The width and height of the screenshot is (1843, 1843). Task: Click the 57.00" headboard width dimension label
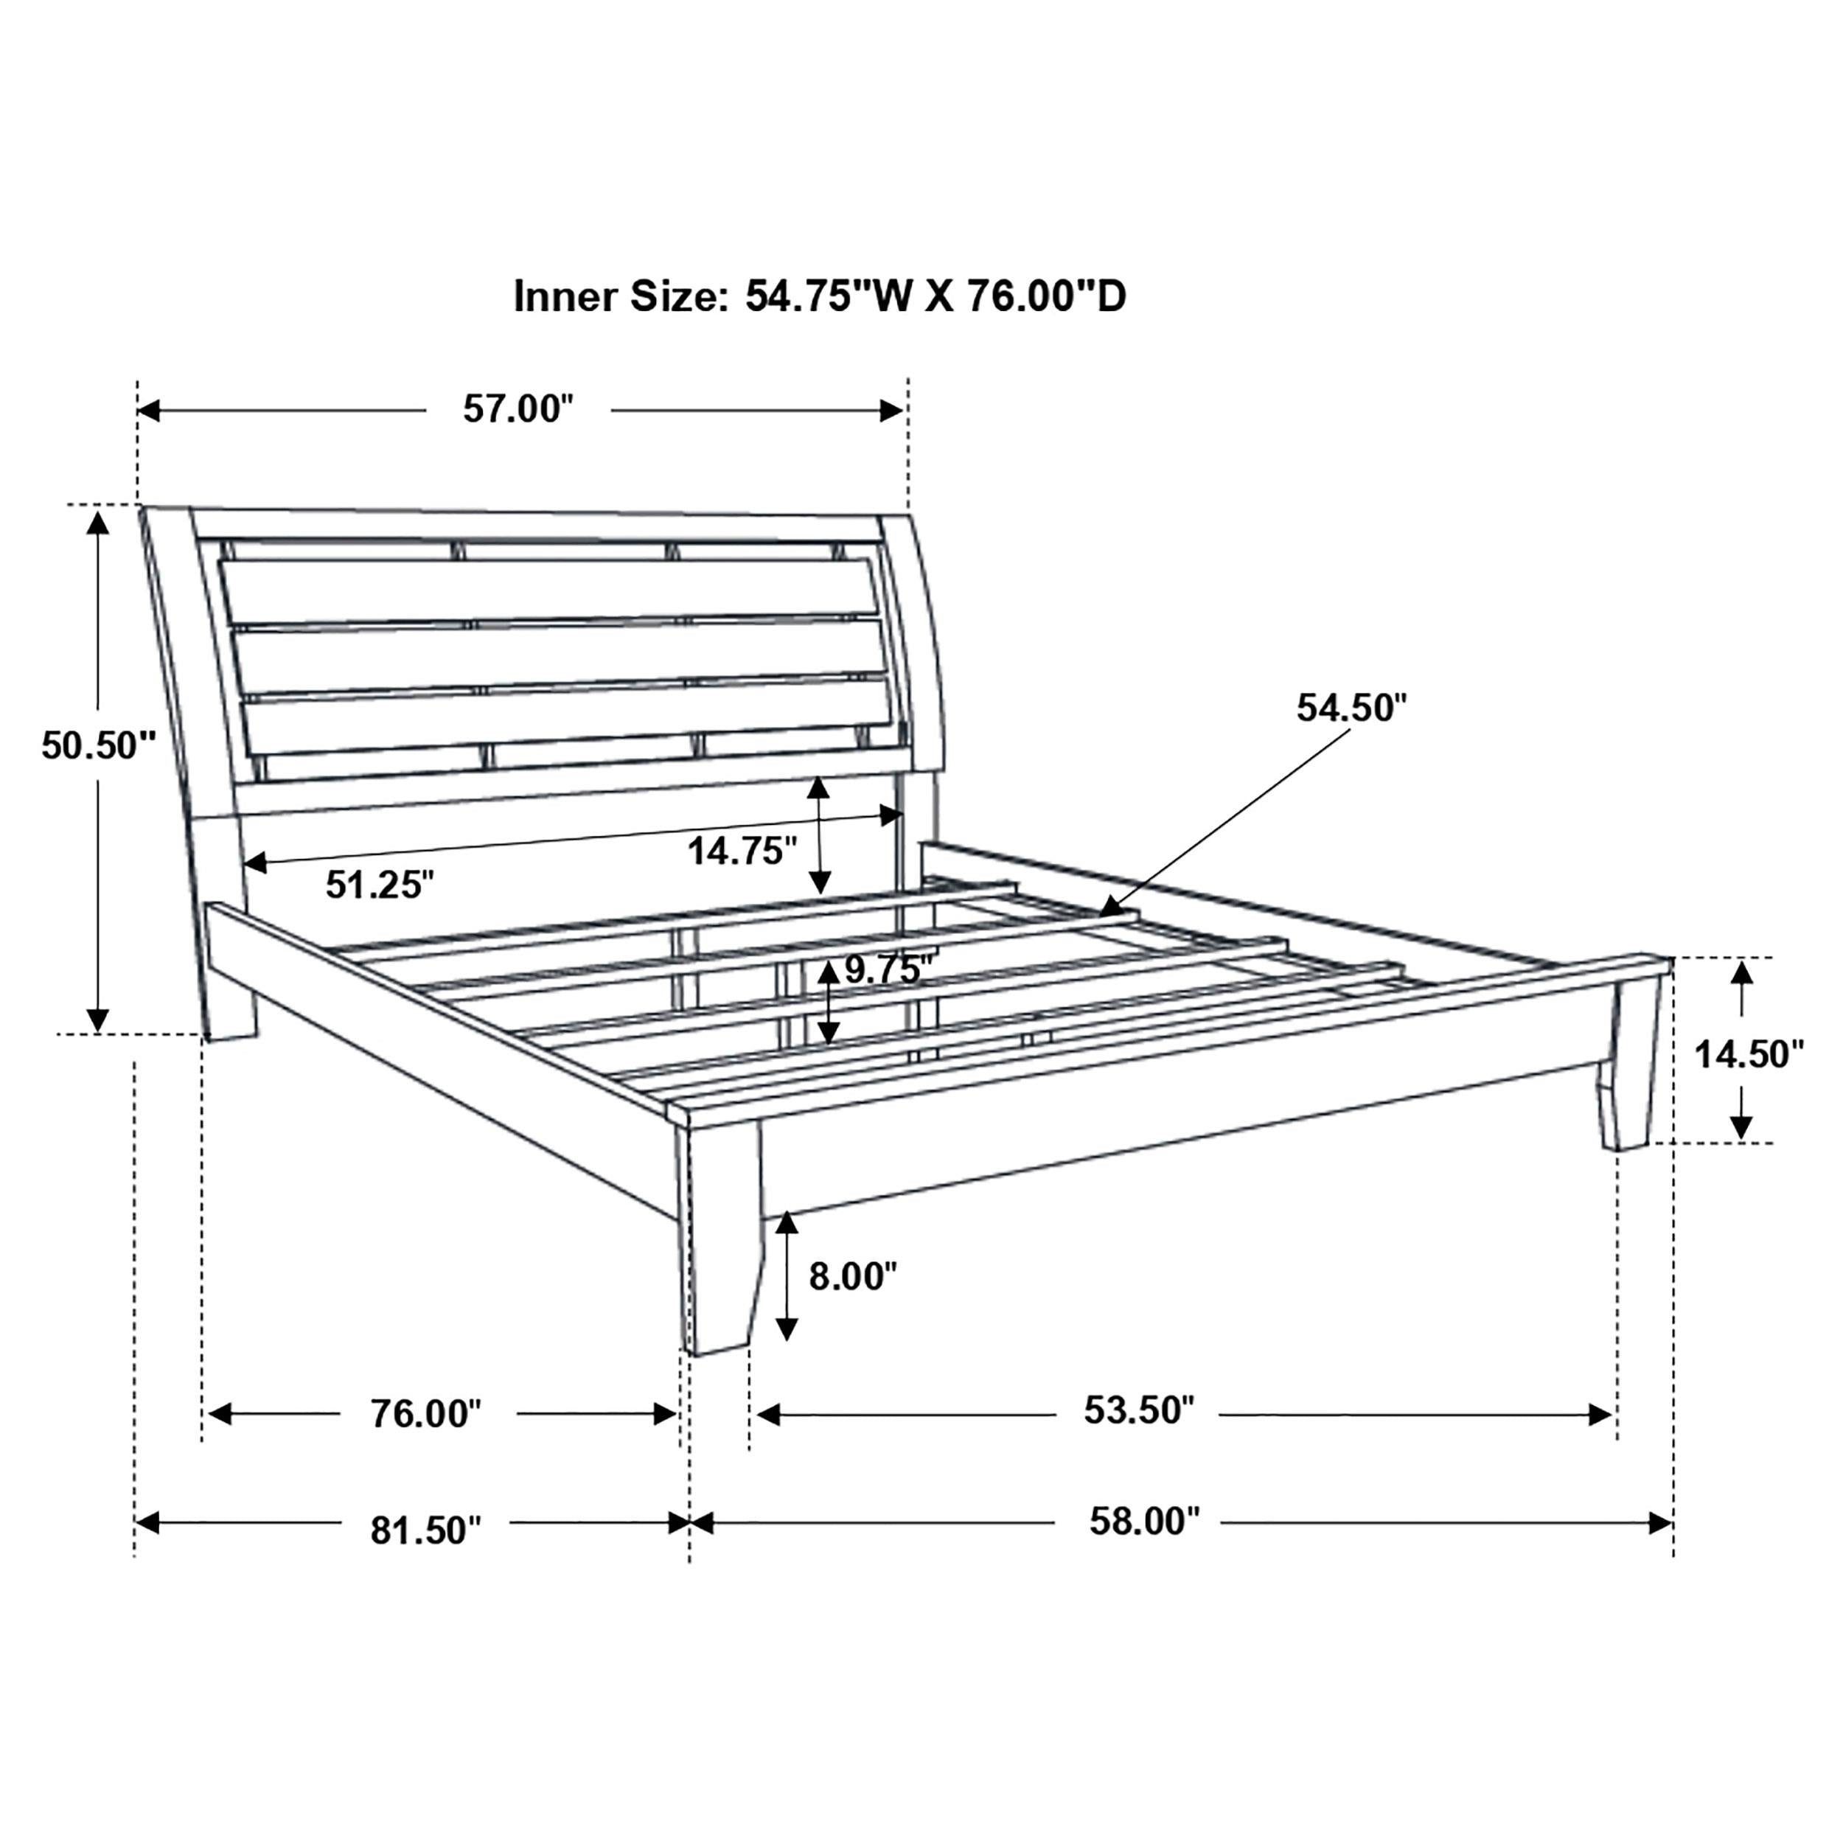(x=518, y=409)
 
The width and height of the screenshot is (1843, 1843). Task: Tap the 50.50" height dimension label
(x=97, y=745)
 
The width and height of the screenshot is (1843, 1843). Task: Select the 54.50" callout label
(x=1351, y=708)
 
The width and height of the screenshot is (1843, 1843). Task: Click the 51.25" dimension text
(x=380, y=885)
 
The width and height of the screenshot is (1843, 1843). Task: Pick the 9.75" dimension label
(x=887, y=969)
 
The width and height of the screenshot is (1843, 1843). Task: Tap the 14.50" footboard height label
(x=1749, y=1054)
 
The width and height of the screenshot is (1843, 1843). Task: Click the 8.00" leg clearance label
(x=853, y=1275)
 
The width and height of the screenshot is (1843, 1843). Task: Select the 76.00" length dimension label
(x=425, y=1414)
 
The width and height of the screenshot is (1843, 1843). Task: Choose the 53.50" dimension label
(x=1138, y=1410)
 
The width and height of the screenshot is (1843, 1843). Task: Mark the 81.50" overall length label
(x=425, y=1531)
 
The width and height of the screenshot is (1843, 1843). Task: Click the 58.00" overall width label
(x=1144, y=1522)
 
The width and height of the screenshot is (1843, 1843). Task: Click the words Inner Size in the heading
(x=620, y=296)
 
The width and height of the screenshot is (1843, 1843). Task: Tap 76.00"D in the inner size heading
(x=1047, y=296)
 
